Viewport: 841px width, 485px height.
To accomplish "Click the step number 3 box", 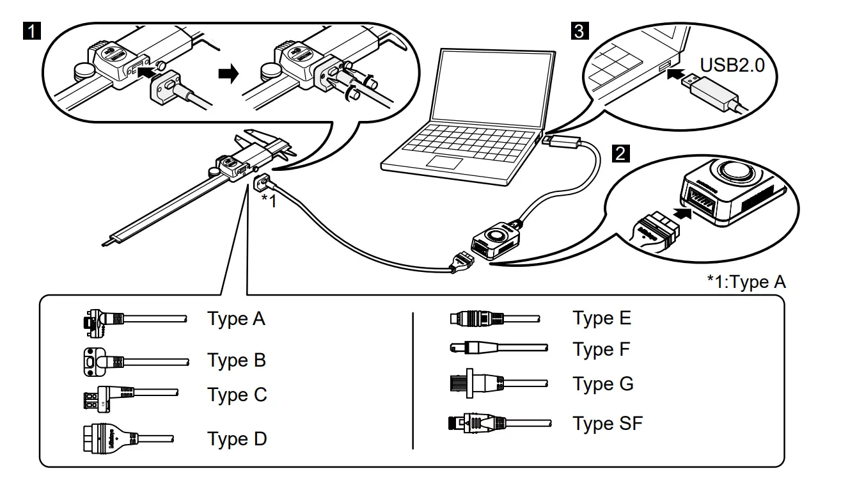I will tap(579, 30).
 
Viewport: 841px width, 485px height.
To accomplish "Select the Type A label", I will tap(236, 319).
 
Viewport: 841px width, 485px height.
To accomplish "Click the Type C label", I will tap(237, 395).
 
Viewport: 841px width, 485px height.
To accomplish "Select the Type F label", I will tap(601, 349).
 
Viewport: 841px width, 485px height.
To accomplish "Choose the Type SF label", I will tap(608, 423).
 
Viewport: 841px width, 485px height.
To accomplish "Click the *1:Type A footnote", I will tap(746, 282).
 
